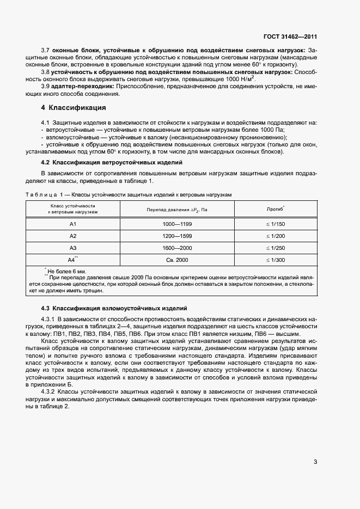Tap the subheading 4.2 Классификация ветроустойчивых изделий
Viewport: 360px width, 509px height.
[x=112, y=163]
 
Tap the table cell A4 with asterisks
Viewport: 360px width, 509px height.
[x=73, y=260]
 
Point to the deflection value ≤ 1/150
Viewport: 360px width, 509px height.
[x=274, y=224]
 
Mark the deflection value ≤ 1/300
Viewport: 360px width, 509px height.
[x=274, y=261]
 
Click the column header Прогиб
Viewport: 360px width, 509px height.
[x=274, y=209]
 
